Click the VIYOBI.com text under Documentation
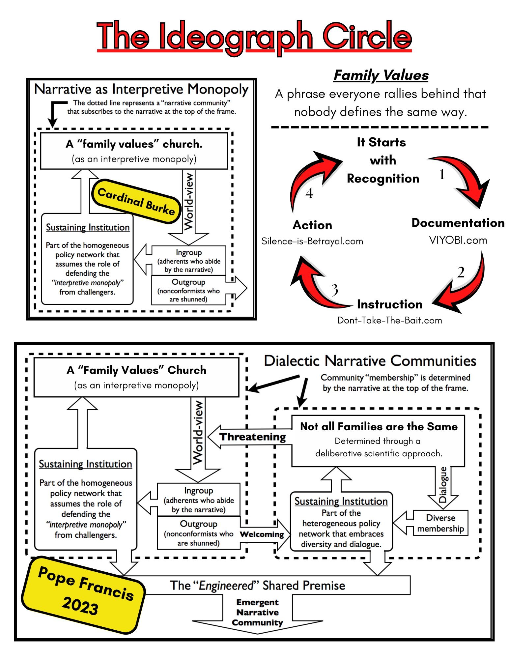458,240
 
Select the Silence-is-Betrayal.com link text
312,241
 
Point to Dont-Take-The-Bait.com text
389,320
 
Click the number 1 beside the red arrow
442,174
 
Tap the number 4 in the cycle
309,193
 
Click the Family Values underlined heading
381,75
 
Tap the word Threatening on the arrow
252,437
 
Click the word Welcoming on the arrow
262,534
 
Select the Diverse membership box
440,523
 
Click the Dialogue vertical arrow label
443,484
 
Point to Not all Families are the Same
379,427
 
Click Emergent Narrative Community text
257,612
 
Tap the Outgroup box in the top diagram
188,290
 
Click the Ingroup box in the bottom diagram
199,500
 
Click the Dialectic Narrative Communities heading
370,361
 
